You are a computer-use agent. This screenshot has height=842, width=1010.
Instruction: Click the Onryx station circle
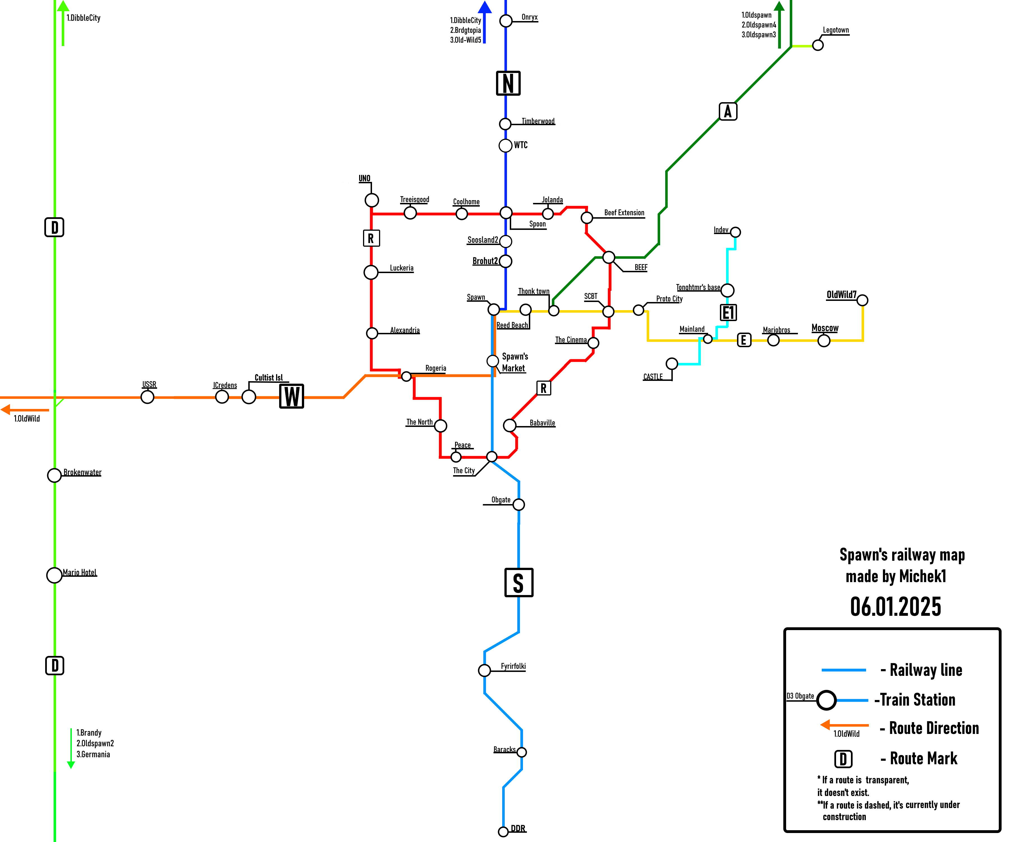[506, 21]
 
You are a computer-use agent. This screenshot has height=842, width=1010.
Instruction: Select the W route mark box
[291, 397]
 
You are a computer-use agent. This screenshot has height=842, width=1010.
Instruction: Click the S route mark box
[518, 583]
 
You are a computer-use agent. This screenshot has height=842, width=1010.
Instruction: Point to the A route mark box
[728, 112]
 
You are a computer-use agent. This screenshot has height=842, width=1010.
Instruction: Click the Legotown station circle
[818, 45]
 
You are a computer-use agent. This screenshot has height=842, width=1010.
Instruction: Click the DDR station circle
[503, 831]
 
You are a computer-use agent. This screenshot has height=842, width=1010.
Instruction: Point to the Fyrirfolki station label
[513, 666]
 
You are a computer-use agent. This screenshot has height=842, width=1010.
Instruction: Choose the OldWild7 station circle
[862, 300]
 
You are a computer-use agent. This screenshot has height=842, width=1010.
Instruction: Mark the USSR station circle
[147, 397]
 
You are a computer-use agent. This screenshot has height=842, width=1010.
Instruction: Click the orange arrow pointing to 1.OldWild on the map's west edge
[24, 410]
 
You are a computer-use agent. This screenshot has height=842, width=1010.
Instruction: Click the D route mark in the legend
[843, 759]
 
